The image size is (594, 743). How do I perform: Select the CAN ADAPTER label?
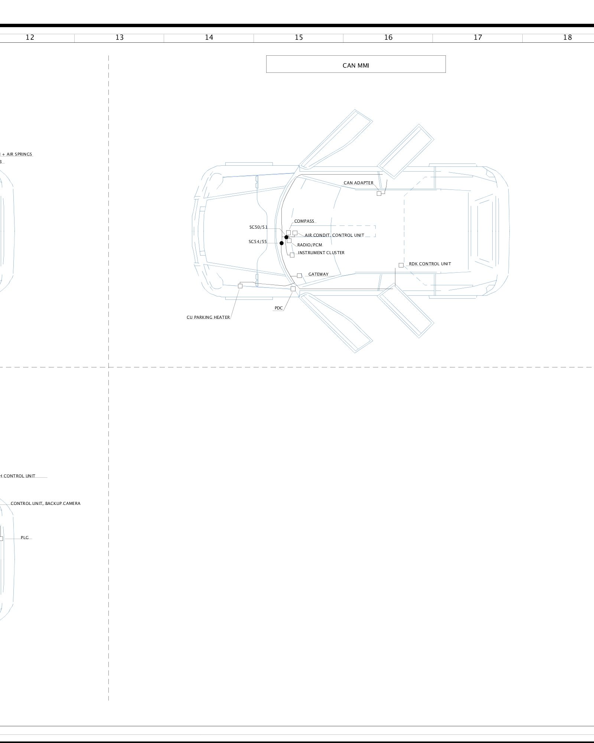(x=358, y=183)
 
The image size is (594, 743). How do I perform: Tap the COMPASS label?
(x=304, y=221)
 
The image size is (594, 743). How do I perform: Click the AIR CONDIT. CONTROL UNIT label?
(x=334, y=235)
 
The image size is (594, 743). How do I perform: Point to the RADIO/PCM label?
(x=310, y=245)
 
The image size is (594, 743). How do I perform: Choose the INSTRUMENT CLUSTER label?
(x=321, y=253)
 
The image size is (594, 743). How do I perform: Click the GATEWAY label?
(x=318, y=274)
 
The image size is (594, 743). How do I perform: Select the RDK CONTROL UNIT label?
(x=430, y=264)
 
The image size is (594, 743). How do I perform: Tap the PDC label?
(x=278, y=308)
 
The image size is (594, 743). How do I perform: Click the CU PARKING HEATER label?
(x=208, y=317)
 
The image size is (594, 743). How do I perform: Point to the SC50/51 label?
(x=258, y=227)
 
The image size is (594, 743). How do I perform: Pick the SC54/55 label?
(x=258, y=241)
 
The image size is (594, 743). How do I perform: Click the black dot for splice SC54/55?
(x=281, y=243)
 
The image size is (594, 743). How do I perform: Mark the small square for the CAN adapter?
(x=379, y=194)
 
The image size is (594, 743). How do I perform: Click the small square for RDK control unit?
(x=401, y=265)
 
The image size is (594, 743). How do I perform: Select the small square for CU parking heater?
(x=240, y=286)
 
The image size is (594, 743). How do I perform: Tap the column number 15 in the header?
(x=298, y=37)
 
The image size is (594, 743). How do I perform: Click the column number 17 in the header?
(x=478, y=37)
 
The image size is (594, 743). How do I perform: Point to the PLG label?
(x=25, y=538)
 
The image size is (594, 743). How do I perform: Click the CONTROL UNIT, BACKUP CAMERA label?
(x=45, y=503)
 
